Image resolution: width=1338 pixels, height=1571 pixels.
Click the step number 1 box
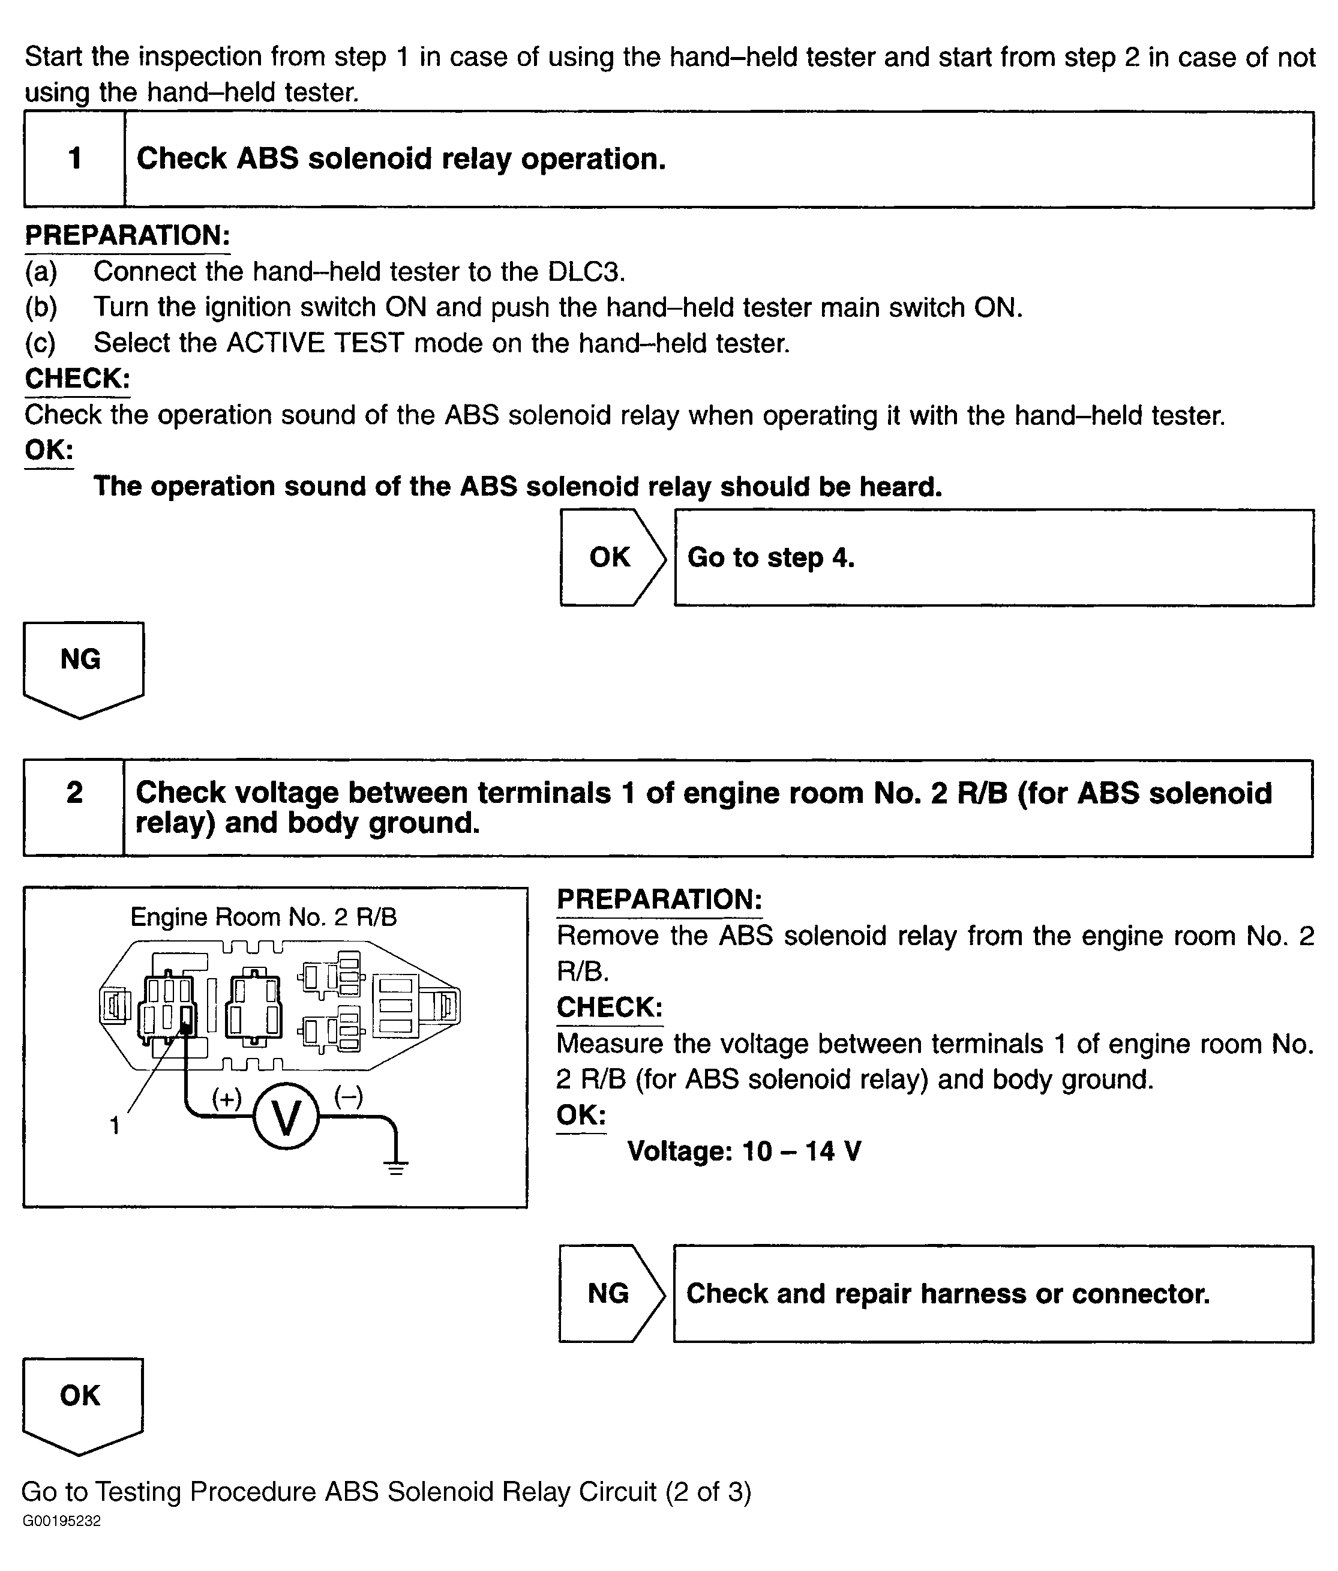[x=74, y=159]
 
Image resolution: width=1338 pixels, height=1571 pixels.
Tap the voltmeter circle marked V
[x=286, y=1117]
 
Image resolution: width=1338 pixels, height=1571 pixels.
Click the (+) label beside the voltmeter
[x=226, y=1098]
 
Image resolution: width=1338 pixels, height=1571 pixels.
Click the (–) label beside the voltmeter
[x=348, y=1096]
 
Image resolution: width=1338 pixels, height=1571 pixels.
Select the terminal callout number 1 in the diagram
[x=115, y=1126]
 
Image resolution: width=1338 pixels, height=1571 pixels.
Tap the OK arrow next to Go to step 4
[x=610, y=557]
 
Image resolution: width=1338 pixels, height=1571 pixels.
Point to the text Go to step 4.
[x=770, y=557]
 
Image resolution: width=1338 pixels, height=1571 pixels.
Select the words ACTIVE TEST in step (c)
[x=314, y=343]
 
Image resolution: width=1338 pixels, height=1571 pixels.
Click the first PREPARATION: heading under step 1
[x=127, y=235]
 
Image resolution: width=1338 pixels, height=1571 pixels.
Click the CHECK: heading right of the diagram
[x=610, y=1007]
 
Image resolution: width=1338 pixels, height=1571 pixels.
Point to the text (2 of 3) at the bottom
[x=708, y=1491]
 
